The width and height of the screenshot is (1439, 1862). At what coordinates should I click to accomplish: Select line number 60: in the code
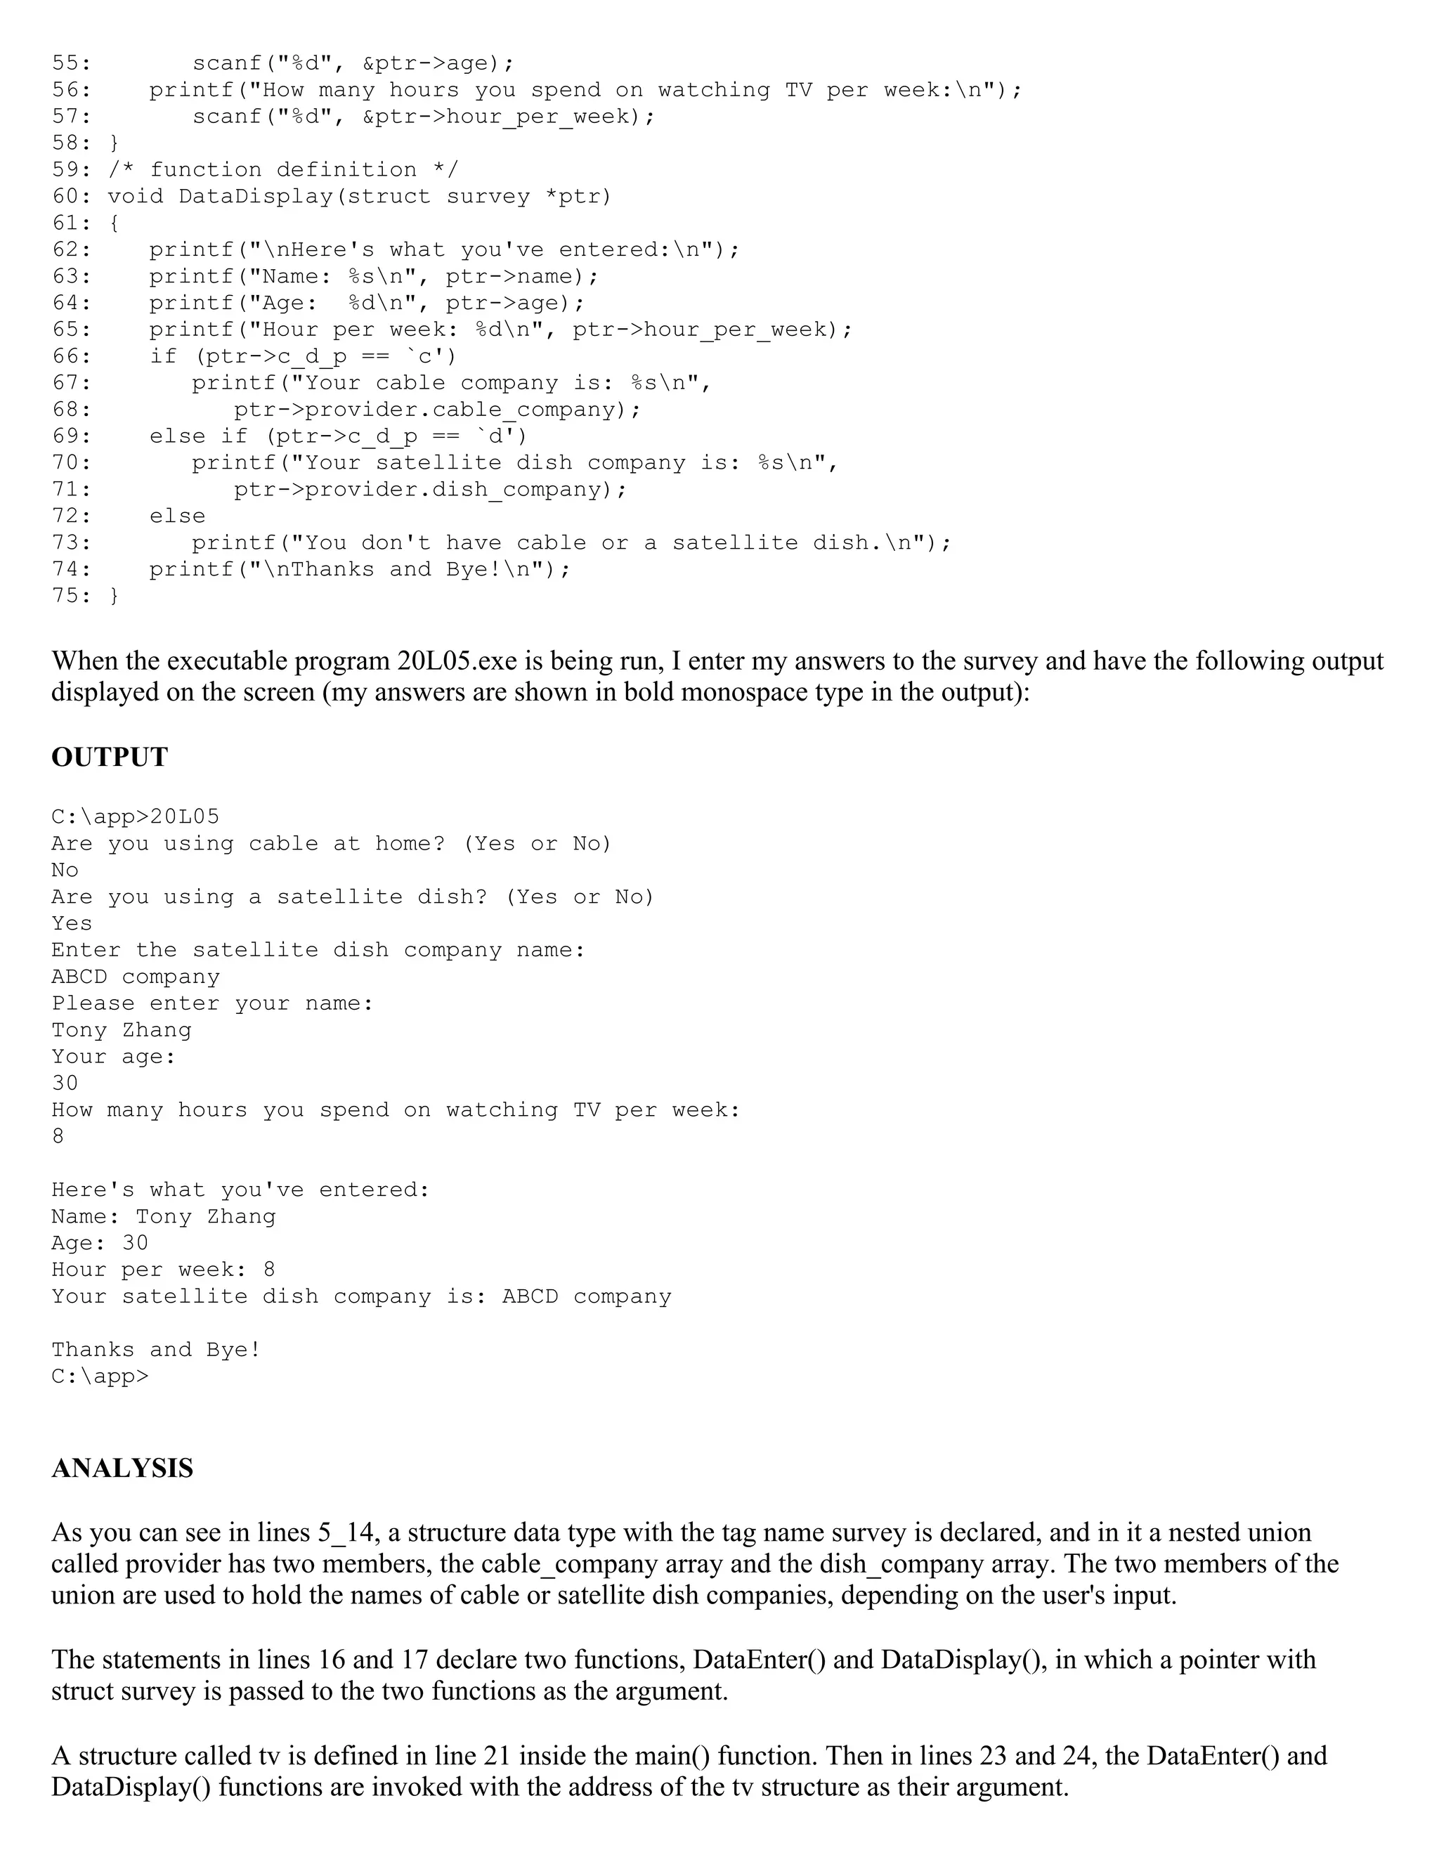(x=72, y=197)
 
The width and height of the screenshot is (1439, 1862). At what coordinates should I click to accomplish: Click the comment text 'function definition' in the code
(x=283, y=169)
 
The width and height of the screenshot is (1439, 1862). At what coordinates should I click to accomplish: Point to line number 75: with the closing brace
(x=72, y=596)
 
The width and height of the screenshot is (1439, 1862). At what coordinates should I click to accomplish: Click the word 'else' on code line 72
(x=177, y=516)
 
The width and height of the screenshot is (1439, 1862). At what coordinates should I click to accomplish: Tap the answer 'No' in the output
(x=65, y=871)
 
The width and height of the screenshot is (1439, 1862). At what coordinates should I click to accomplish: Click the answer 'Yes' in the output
(x=72, y=923)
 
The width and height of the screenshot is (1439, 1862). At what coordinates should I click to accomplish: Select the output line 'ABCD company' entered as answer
(x=136, y=977)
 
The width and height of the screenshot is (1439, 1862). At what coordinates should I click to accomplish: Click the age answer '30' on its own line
(x=65, y=1083)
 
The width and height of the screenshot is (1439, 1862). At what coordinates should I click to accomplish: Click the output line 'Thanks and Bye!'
(x=156, y=1350)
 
